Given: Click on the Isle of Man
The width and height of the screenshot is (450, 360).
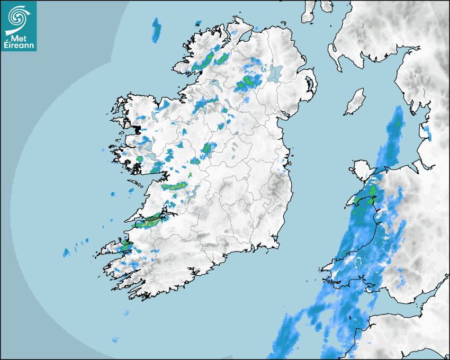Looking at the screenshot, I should tap(355, 102).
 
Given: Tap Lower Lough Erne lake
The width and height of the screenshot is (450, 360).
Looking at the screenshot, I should tap(214, 84).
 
